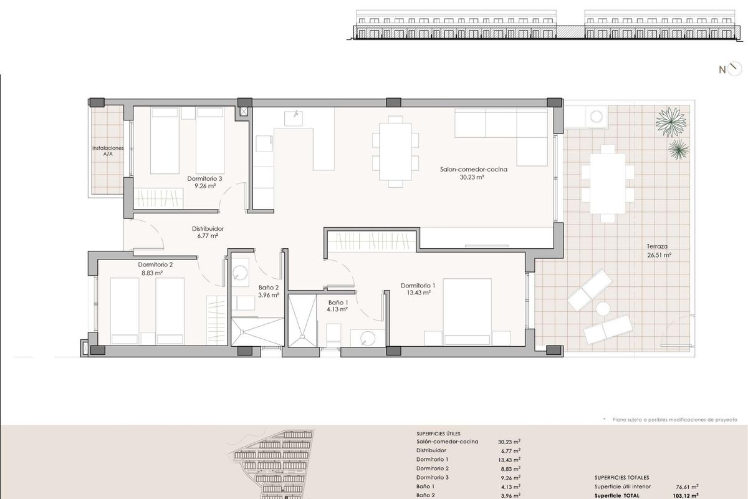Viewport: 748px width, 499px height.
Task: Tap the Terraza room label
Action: coord(657,246)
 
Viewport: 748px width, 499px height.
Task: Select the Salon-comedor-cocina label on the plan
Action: coord(474,169)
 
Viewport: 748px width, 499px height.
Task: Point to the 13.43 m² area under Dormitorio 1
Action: coord(418,293)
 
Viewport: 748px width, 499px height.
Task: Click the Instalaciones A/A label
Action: coord(108,151)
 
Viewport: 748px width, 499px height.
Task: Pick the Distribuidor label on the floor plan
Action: coord(208,229)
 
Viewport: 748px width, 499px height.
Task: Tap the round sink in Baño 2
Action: coord(240,273)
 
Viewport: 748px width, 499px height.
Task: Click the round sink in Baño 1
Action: coord(368,338)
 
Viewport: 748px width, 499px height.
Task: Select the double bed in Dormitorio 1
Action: coord(467,311)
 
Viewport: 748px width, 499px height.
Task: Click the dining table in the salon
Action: coord(395,152)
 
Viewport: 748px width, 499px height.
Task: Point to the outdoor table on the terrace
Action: coord(608,183)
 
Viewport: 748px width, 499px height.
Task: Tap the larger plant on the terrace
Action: coord(671,122)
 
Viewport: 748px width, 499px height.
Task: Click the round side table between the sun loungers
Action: coord(603,309)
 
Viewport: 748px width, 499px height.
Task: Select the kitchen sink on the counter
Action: coord(294,119)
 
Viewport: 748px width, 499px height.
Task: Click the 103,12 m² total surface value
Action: coord(686,496)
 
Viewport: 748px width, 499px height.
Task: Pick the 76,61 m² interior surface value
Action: coord(687,487)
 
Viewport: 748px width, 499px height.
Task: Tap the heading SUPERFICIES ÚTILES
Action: coord(438,434)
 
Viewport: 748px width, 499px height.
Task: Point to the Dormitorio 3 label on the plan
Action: coord(204,178)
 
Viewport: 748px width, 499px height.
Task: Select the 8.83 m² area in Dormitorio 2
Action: coord(152,273)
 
